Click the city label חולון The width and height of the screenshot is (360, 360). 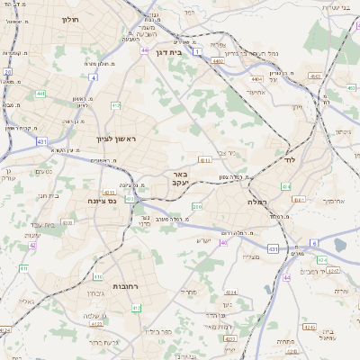tap(70, 18)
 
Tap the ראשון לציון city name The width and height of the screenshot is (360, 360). tap(115, 139)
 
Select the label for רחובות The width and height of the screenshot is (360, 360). tap(119, 286)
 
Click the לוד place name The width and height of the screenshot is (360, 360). tap(289, 158)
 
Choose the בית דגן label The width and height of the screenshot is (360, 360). tap(168, 52)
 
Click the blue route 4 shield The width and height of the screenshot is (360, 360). tap(94, 78)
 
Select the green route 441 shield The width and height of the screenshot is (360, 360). tap(41, 94)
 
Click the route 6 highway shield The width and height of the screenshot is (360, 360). tap(314, 243)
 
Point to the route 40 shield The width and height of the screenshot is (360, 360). tap(223, 242)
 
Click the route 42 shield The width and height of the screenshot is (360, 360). tap(32, 245)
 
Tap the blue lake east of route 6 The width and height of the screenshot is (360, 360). tap(342, 243)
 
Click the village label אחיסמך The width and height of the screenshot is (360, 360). tap(310, 201)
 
